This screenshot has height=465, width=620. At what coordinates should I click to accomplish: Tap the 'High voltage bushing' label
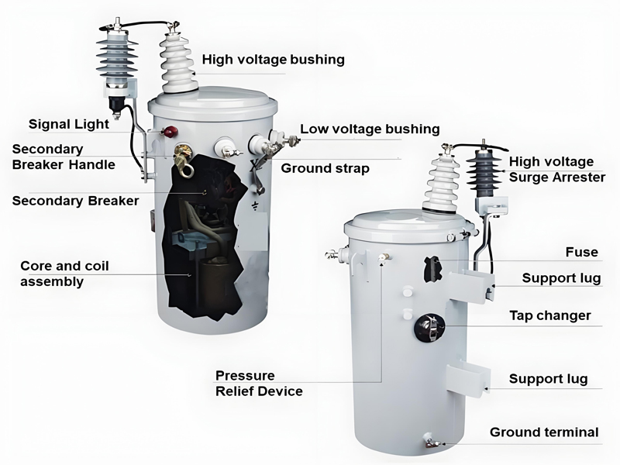point(274,60)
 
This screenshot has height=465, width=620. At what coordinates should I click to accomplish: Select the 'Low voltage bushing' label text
point(370,129)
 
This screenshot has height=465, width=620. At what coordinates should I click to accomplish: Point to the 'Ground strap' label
point(325,168)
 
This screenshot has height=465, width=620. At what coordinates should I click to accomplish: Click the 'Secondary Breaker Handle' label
point(64,157)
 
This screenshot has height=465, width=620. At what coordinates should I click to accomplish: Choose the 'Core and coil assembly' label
point(64,274)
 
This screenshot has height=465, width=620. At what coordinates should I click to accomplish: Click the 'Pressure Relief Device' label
point(259,383)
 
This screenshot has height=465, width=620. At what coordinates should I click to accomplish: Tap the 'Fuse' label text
point(582,252)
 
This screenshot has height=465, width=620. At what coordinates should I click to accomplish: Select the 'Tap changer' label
point(550,315)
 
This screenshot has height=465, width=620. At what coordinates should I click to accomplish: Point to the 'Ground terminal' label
point(544,432)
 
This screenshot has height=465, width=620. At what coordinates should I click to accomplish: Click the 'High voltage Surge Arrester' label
point(556,169)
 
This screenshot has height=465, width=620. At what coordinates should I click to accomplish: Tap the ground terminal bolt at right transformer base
point(430,440)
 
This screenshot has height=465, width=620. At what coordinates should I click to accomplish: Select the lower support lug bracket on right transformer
point(469,379)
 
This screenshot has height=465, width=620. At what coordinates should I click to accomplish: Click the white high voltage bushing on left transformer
point(177,64)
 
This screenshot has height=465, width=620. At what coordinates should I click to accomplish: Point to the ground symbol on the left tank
point(256,205)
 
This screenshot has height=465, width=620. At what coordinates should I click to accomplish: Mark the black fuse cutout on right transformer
point(432,269)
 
